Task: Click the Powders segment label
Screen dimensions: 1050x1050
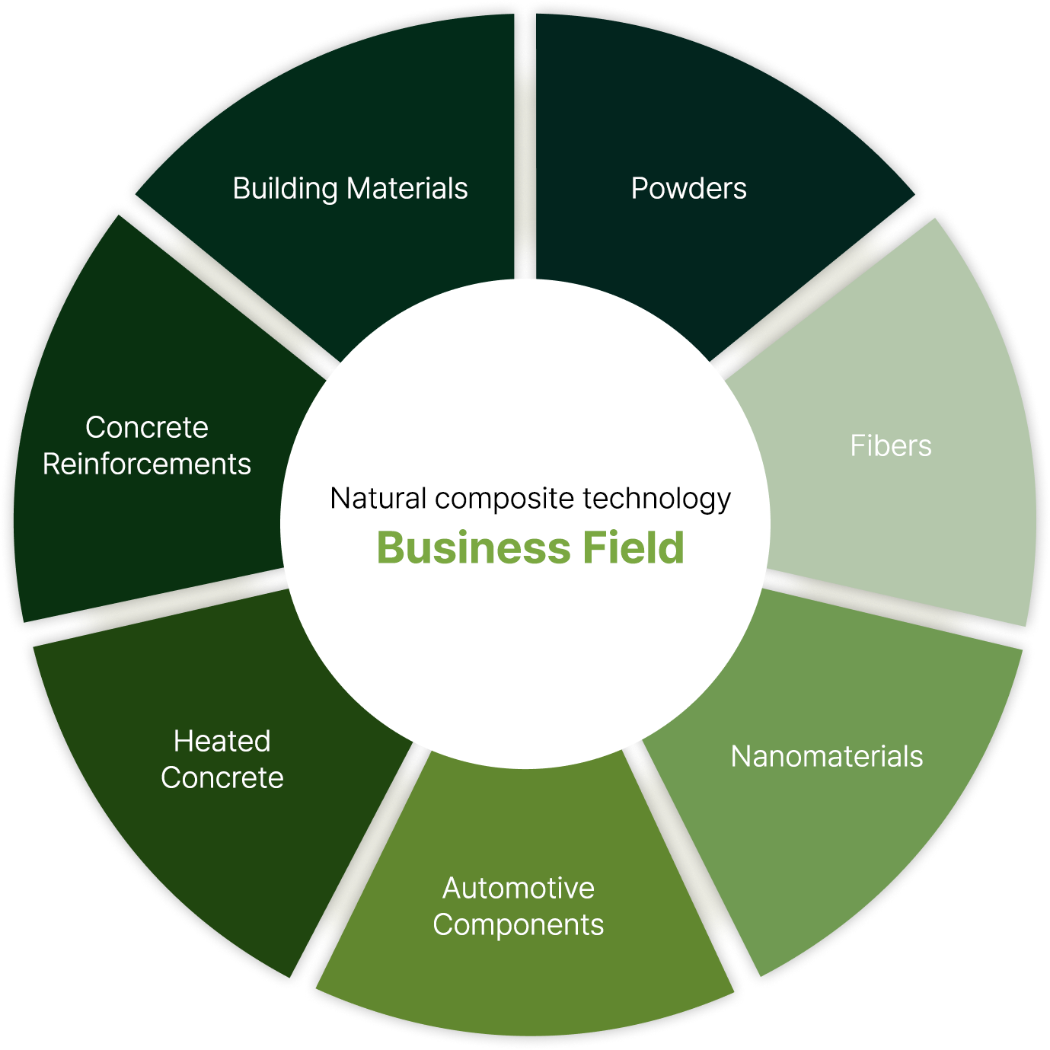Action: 688,188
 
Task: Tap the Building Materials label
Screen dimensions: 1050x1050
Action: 350,188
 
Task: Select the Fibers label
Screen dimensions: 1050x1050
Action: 890,445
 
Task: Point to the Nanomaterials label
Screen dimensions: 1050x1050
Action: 826,756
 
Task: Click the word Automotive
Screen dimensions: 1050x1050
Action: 519,888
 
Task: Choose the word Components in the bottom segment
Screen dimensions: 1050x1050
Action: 519,924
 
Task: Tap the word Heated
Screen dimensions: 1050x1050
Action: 222,741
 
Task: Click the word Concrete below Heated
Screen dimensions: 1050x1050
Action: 222,777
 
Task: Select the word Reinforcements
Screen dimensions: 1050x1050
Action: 147,464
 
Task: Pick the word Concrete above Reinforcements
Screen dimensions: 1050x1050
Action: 147,427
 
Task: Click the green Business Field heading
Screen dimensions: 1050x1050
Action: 531,547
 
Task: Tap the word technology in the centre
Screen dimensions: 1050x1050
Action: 657,498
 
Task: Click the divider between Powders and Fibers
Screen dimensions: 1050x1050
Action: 815,293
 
